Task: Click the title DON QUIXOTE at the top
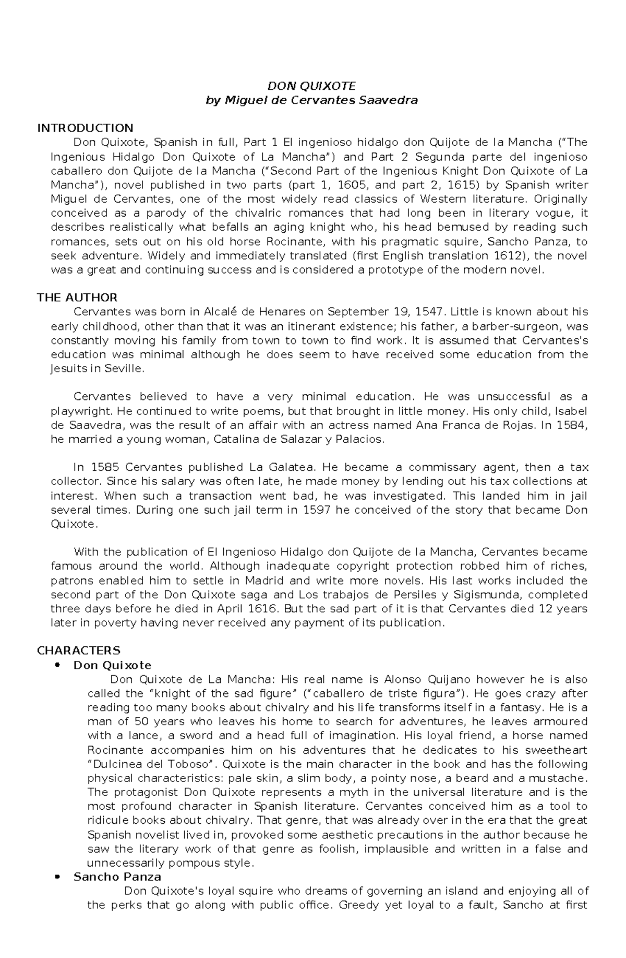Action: [311, 86]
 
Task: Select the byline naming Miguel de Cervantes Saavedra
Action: [312, 100]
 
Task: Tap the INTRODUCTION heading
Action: [85, 128]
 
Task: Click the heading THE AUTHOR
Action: [77, 298]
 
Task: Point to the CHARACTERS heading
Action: [79, 651]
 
